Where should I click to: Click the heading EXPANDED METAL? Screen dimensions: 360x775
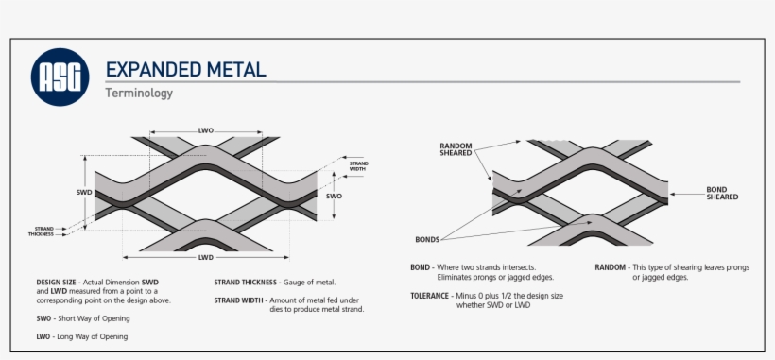tap(185, 69)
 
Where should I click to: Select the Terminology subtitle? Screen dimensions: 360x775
tap(138, 94)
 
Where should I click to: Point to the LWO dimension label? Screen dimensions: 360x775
tap(206, 130)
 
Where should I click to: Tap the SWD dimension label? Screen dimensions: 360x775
tap(83, 192)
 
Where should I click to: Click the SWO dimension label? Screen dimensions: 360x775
tap(334, 197)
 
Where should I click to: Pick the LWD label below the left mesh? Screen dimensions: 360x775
tap(205, 257)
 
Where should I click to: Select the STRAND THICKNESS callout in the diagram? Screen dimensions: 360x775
tap(43, 231)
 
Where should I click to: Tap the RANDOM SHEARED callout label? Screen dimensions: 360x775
tap(457, 150)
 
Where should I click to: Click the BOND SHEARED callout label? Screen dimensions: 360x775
tap(722, 193)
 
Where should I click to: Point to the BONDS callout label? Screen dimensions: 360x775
tap(427, 239)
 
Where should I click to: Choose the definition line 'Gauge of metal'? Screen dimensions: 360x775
tap(311, 283)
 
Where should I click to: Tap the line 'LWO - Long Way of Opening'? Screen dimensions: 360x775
tap(81, 336)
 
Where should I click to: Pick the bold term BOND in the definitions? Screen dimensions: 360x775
tap(421, 267)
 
